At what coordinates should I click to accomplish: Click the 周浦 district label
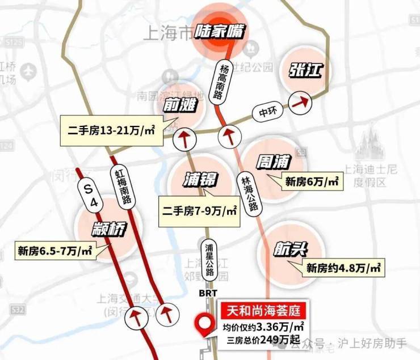(274, 163)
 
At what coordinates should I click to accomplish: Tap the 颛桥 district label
(106, 230)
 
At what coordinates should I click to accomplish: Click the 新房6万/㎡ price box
(312, 181)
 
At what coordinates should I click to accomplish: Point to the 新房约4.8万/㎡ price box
(343, 268)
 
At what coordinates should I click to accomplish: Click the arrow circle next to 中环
(300, 103)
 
